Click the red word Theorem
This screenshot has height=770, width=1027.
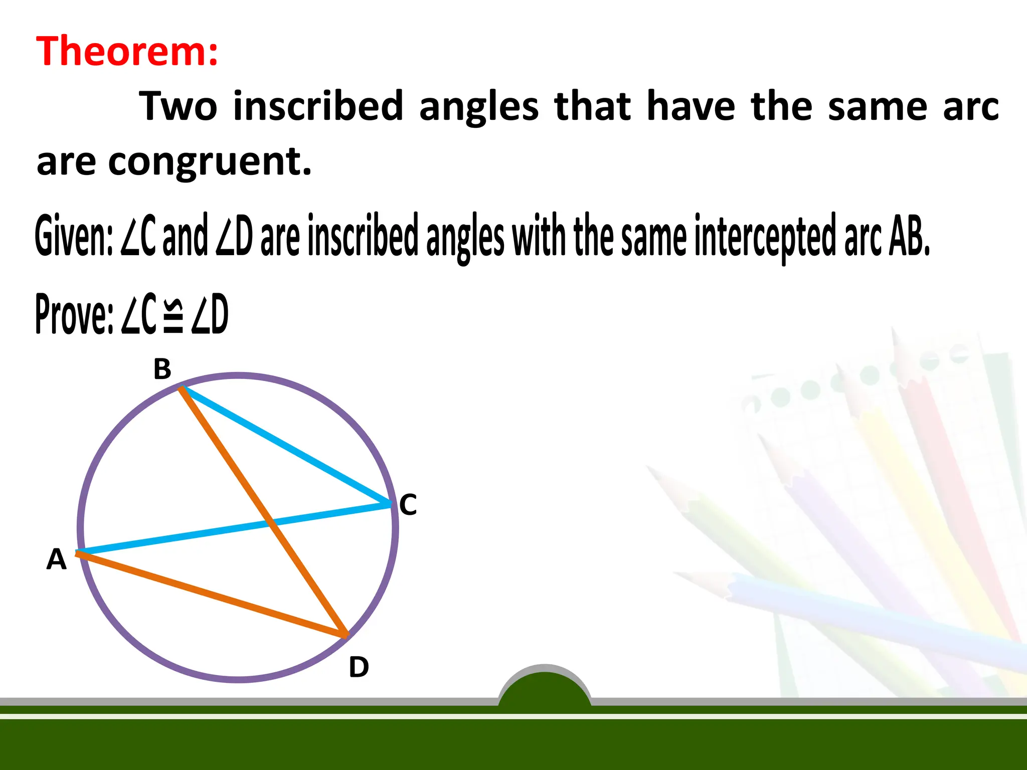pyautogui.click(x=127, y=51)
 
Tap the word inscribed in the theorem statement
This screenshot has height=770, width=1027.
pyautogui.click(x=318, y=106)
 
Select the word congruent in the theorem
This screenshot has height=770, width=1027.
pyautogui.click(x=210, y=162)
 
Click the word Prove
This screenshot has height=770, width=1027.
pyautogui.click(x=74, y=314)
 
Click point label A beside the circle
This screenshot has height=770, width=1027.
pyautogui.click(x=56, y=559)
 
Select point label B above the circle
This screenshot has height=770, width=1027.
pyautogui.click(x=162, y=369)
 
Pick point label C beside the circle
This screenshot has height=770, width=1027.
pyautogui.click(x=408, y=504)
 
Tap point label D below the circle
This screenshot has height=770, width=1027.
pyautogui.click(x=359, y=667)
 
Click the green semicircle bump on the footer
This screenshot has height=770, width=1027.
pyautogui.click(x=545, y=689)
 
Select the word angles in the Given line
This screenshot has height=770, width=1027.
pyautogui.click(x=465, y=237)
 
